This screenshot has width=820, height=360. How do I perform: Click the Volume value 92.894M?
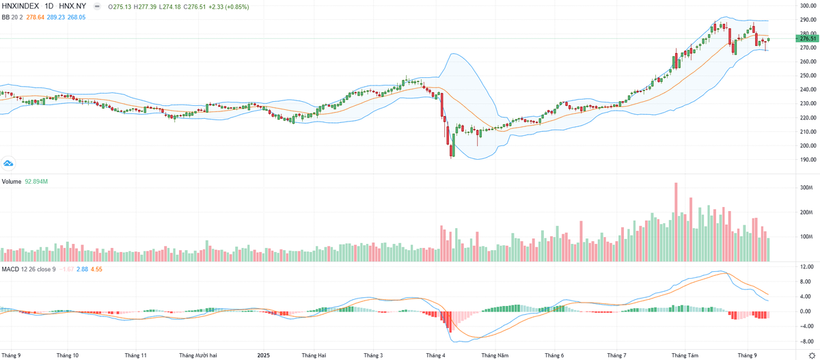click(36, 182)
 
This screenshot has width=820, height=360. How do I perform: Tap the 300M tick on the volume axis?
click(805, 188)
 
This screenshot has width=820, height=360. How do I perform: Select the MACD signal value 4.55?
click(96, 270)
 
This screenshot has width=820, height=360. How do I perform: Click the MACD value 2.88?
click(81, 270)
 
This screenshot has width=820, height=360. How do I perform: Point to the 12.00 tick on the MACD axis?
click(806, 267)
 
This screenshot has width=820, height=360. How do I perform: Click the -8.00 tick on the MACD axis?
click(805, 340)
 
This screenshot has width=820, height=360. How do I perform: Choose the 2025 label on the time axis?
click(264, 355)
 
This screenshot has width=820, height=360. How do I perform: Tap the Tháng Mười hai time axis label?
click(197, 355)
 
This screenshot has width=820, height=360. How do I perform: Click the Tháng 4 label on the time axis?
click(435, 355)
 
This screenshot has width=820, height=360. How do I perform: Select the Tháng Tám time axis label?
click(685, 355)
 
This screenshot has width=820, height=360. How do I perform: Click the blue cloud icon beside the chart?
click(9, 163)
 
